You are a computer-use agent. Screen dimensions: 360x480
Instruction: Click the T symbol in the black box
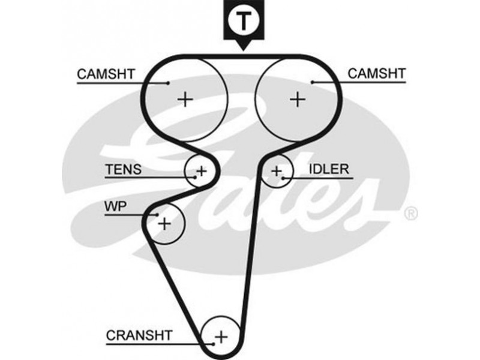(x=244, y=22)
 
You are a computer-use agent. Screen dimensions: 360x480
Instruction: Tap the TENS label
(x=124, y=170)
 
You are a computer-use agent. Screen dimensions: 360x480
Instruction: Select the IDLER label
(x=329, y=169)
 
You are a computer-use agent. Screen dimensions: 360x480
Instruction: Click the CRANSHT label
(x=139, y=335)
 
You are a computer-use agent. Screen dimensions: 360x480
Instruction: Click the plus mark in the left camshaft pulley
(x=186, y=98)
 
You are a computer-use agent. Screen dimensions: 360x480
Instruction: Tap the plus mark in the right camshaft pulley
(x=297, y=98)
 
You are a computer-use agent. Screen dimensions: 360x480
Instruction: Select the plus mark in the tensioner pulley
(x=202, y=171)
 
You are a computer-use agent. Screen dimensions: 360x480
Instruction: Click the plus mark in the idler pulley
(x=276, y=172)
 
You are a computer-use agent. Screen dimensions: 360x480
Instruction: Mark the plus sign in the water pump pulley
(x=164, y=224)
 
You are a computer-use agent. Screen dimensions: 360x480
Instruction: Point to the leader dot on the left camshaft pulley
(x=169, y=83)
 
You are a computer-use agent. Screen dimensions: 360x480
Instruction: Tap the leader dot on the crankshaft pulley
(x=212, y=344)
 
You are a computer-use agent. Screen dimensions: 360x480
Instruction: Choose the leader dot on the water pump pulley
(x=157, y=215)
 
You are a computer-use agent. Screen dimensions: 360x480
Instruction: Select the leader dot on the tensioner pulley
(x=196, y=178)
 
